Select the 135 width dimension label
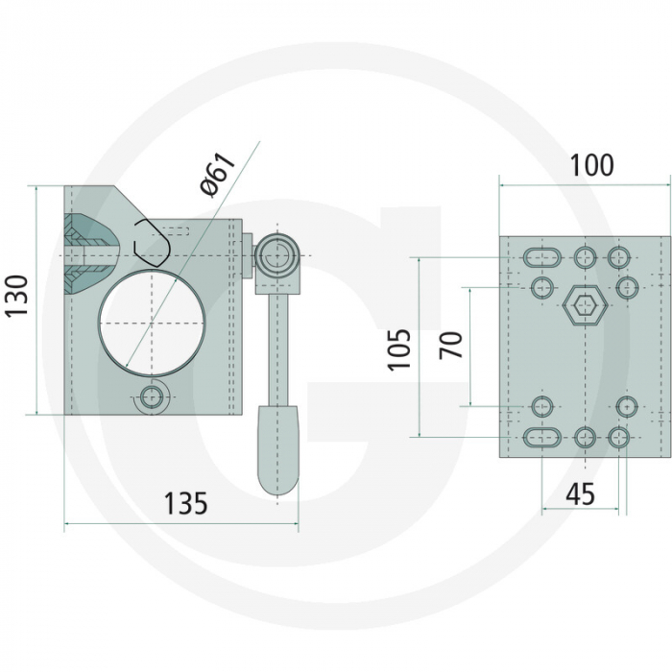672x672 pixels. point(185,503)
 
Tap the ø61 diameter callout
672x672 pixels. point(218,174)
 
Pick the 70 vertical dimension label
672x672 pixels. point(451,344)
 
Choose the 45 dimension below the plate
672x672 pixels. point(580,494)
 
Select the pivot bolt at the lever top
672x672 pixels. point(277,256)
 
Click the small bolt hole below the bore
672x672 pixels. point(151,396)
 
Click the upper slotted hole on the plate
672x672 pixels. point(542,257)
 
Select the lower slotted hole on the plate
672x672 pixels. point(542,438)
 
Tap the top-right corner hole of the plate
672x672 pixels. point(619,256)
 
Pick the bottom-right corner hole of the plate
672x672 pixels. point(619,438)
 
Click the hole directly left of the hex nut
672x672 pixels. point(542,287)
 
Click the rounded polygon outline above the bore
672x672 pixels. point(153,241)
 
